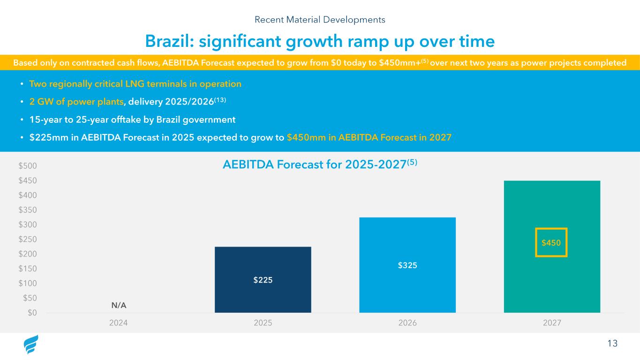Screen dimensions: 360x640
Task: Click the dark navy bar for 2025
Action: click(263, 262)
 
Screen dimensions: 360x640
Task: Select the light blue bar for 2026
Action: click(407, 244)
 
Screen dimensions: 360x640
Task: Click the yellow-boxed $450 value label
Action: click(551, 243)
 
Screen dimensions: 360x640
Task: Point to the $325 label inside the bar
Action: click(407, 265)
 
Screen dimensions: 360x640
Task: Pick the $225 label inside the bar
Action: click(263, 280)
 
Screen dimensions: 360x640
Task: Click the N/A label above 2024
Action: click(119, 305)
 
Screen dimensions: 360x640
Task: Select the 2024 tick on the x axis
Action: click(118, 323)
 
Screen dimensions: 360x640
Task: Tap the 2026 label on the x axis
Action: click(407, 323)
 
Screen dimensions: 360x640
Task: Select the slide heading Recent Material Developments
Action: click(320, 20)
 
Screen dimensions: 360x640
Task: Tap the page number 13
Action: click(612, 344)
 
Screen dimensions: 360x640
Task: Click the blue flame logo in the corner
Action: click(31, 345)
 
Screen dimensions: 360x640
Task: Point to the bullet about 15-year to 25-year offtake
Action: click(132, 120)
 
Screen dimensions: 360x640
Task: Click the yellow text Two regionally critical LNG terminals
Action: click(135, 84)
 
